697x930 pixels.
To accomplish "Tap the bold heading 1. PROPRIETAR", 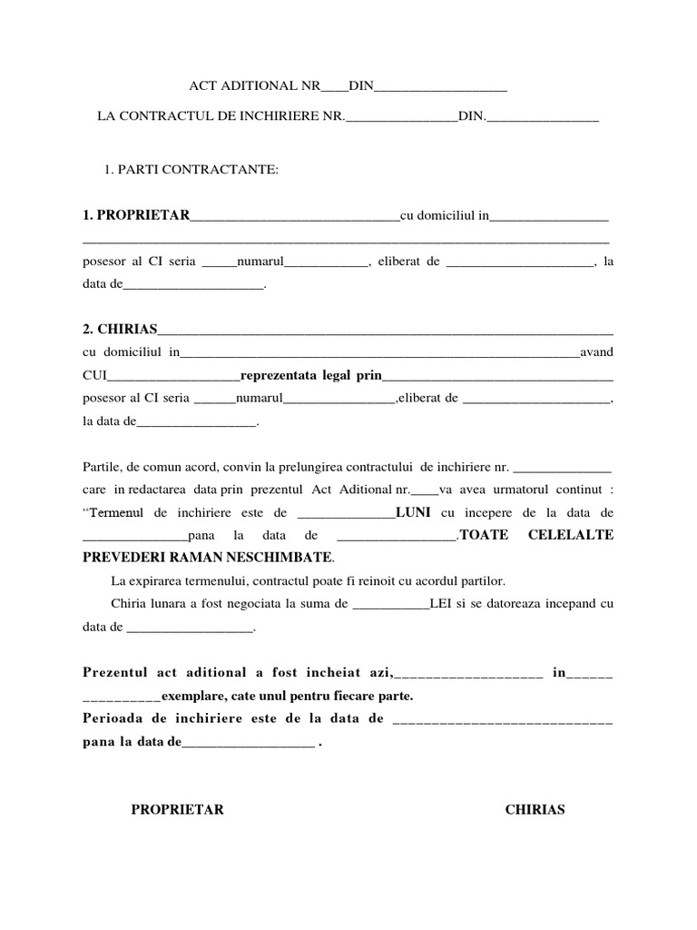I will click(136, 215).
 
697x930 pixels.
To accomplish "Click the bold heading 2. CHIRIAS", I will click(120, 329).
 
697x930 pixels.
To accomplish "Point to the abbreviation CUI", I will click(93, 374).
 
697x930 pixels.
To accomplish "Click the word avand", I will click(596, 351).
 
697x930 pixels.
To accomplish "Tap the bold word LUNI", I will click(413, 512).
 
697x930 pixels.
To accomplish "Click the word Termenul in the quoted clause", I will click(118, 512).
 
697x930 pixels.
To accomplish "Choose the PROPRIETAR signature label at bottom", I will click(177, 809).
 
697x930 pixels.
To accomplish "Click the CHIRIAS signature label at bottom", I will click(535, 809).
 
